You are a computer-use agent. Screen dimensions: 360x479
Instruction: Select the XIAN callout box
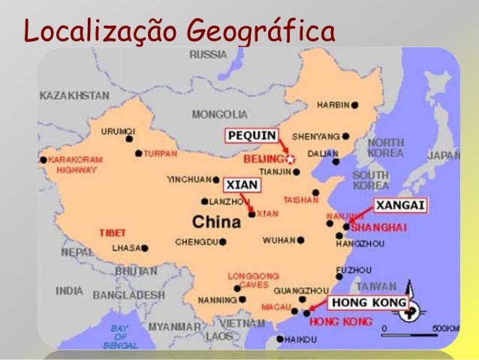tap(242, 184)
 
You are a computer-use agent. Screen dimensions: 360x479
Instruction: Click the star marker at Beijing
tap(292, 159)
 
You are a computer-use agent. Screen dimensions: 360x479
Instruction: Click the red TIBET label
tap(113, 232)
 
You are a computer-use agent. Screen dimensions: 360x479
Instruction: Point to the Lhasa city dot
tap(144, 247)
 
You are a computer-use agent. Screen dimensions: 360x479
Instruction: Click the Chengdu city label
tap(196, 242)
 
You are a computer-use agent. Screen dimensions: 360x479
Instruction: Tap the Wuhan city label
tap(279, 241)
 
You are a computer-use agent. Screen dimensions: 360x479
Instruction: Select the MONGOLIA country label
tap(219, 114)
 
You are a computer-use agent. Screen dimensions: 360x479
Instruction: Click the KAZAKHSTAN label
tap(74, 96)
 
